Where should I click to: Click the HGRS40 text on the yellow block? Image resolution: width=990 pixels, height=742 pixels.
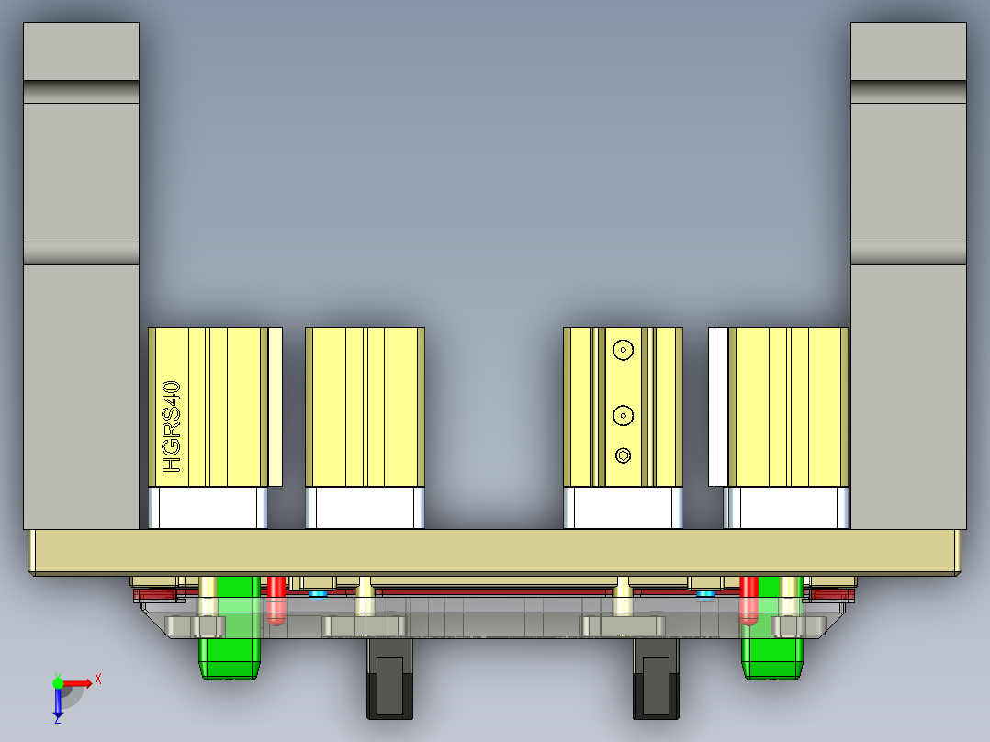click(172, 428)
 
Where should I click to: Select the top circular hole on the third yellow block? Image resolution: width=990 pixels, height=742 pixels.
click(624, 350)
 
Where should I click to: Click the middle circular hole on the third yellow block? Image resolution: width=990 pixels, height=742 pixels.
click(624, 416)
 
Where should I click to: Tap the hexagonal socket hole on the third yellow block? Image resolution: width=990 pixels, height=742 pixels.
click(624, 455)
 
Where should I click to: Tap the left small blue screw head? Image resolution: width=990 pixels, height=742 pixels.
click(318, 594)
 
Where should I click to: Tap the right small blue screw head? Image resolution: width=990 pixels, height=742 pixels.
click(706, 594)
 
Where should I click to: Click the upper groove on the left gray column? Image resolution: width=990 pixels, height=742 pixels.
click(81, 91)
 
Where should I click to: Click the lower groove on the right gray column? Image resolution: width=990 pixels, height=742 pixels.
click(908, 253)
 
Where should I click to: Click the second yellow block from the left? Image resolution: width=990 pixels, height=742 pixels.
click(365, 406)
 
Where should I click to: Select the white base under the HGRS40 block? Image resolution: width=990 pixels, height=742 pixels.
click(208, 508)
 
